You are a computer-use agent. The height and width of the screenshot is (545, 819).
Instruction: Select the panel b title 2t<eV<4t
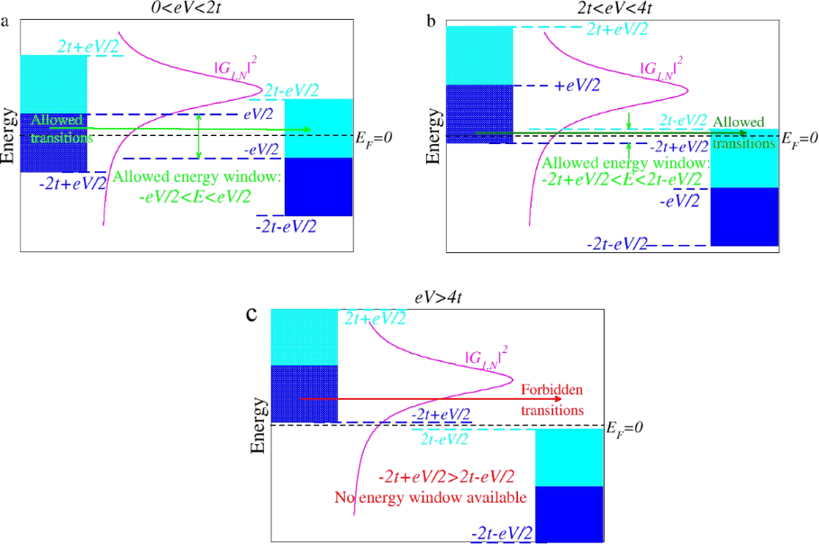pos(609,7)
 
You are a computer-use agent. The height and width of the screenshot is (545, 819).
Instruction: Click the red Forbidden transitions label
pos(551,399)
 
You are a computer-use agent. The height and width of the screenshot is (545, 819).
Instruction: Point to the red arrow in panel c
pos(405,397)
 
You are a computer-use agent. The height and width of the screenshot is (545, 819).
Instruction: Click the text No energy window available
pos(431,495)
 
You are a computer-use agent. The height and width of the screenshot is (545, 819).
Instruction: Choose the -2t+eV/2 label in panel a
pos(72,183)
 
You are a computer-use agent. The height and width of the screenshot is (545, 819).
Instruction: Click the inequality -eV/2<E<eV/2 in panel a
pos(196,194)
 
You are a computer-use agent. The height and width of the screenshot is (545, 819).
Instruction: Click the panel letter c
pos(252,314)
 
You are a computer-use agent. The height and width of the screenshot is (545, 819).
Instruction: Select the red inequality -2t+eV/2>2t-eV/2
pos(446,476)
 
